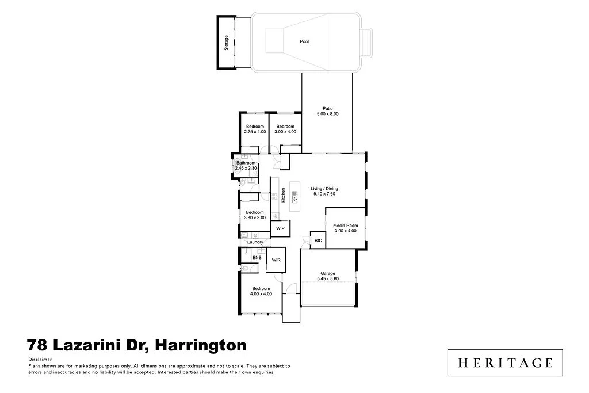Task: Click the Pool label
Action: coord(304,41)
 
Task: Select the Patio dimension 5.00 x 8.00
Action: coord(327,114)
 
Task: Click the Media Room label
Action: coord(346,226)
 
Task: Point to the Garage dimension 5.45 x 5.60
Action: coord(328,279)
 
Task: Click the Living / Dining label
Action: coord(324,189)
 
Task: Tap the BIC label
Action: coord(318,241)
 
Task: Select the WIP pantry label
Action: coord(280,228)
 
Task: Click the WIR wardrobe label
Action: coord(276,260)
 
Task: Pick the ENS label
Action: coord(257,257)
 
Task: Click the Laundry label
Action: coord(255,242)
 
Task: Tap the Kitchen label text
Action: coord(284,196)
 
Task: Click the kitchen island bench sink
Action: coord(294,200)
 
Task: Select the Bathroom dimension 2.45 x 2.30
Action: coord(246,168)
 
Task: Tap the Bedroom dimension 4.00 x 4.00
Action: coord(261,294)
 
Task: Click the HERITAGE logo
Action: coord(505,363)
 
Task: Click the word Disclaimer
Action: coord(39,358)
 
